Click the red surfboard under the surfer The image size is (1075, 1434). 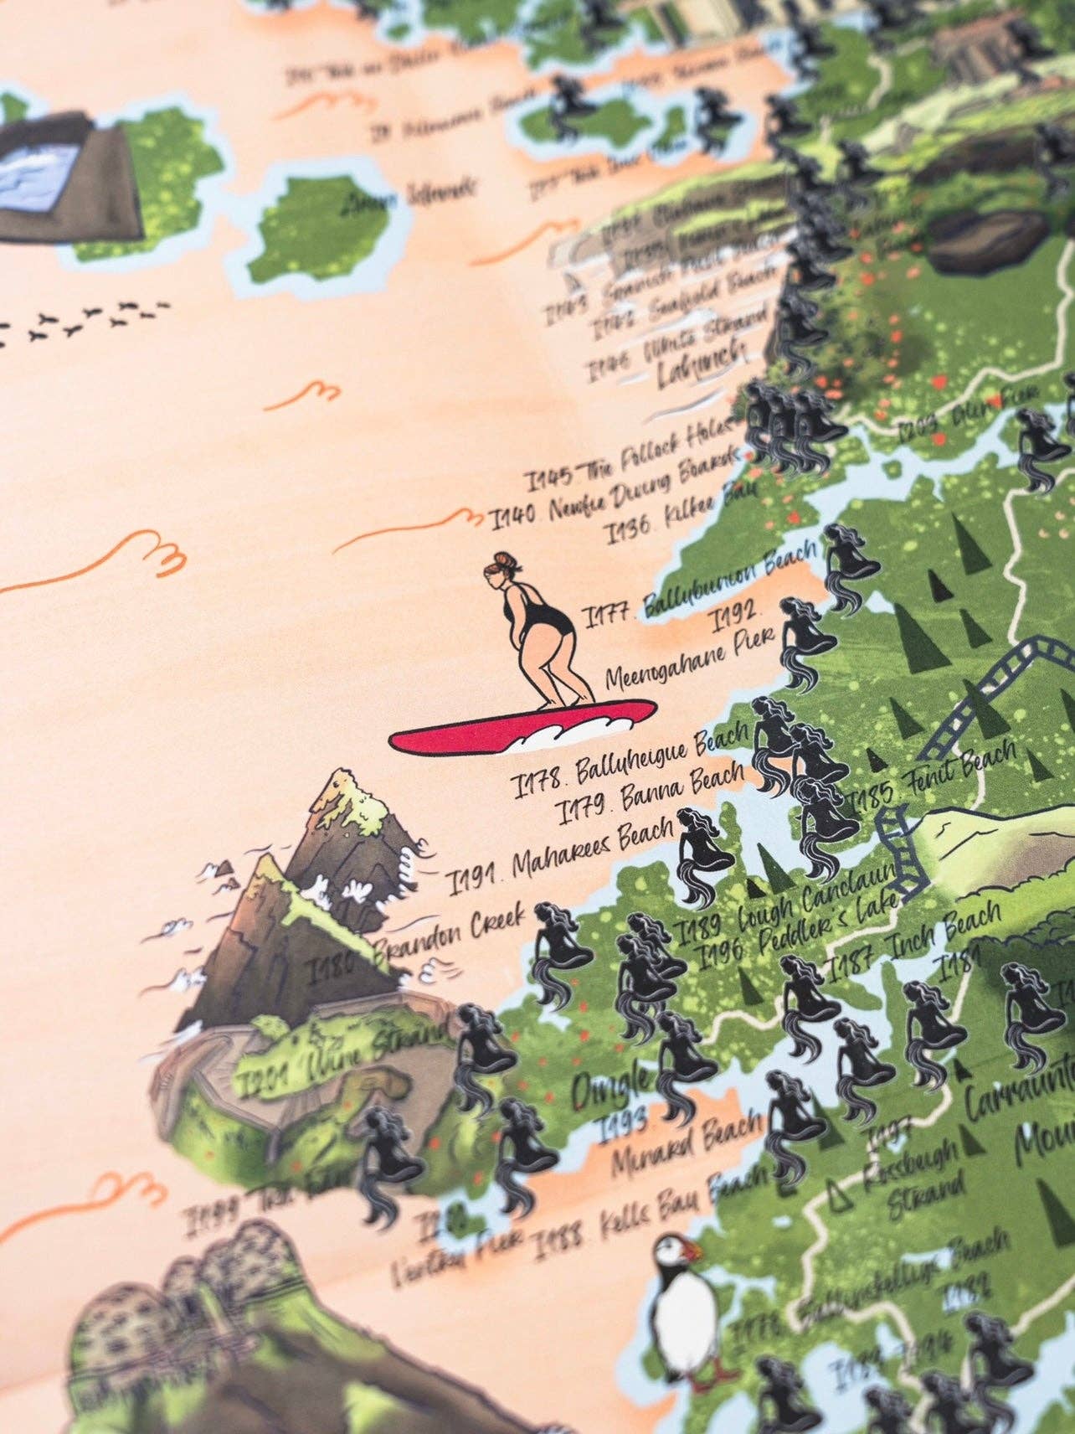point(519,725)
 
